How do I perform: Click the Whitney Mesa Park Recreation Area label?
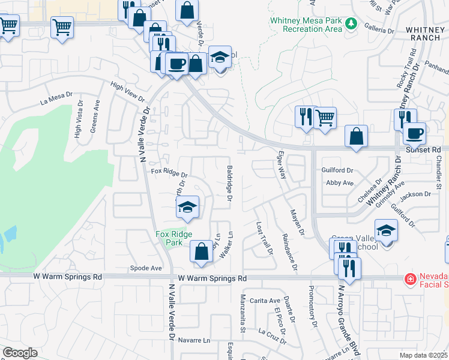click(x=306, y=24)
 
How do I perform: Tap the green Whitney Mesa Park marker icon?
click(x=352, y=25)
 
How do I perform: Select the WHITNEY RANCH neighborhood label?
click(x=426, y=33)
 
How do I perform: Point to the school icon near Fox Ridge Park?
click(x=187, y=208)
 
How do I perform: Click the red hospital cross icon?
click(x=410, y=279)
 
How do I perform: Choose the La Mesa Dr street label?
click(x=56, y=98)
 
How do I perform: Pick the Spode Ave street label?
click(x=146, y=268)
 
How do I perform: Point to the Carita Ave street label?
click(x=265, y=301)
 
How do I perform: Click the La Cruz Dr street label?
click(x=273, y=335)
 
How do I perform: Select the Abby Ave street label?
click(x=339, y=182)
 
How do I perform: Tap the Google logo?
click(x=20, y=353)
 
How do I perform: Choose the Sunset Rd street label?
click(x=423, y=149)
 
